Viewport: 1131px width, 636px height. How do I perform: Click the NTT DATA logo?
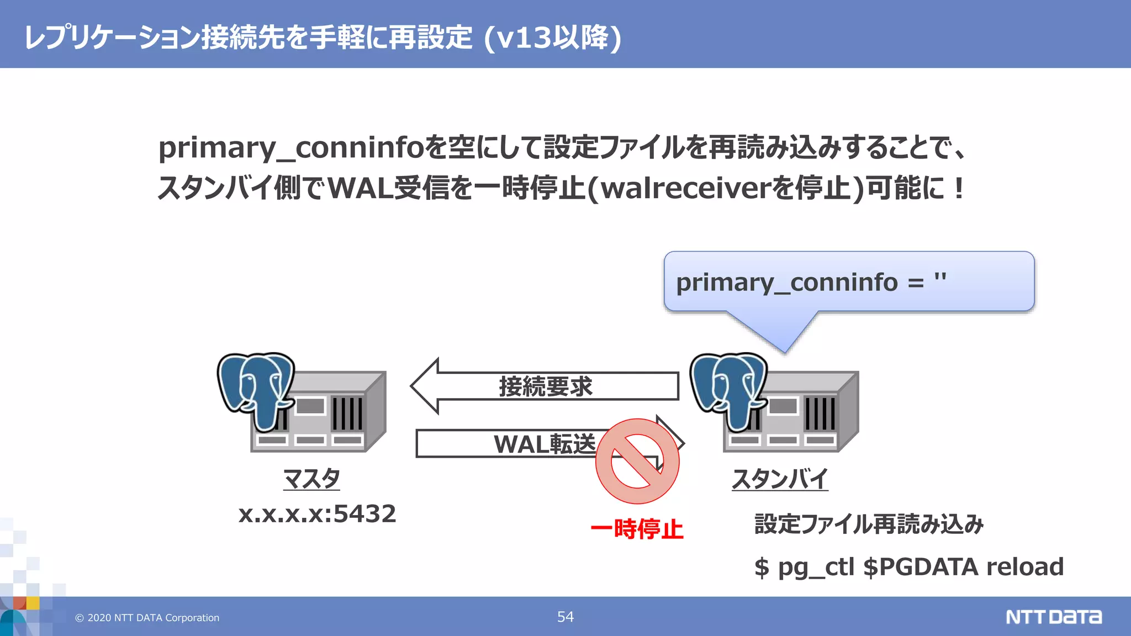(x=1053, y=617)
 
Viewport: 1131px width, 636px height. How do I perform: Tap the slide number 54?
(x=565, y=617)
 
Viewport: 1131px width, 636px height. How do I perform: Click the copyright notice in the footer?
(x=147, y=618)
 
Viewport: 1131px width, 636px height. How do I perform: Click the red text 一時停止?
(x=637, y=529)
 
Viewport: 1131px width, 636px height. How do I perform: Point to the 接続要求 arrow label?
(x=546, y=386)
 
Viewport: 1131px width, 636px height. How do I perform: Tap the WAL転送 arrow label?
(x=545, y=444)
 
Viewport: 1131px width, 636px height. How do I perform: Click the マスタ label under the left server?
(x=311, y=479)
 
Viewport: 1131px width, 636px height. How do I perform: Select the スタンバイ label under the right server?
(x=780, y=479)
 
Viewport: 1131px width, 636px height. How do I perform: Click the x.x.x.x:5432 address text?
(x=317, y=514)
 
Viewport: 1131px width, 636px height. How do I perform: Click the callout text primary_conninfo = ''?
(x=811, y=283)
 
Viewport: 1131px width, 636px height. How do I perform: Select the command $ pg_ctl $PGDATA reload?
(x=908, y=567)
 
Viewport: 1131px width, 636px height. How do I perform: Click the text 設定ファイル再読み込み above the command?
(x=869, y=524)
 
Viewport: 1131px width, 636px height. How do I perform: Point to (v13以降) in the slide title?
(x=553, y=38)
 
